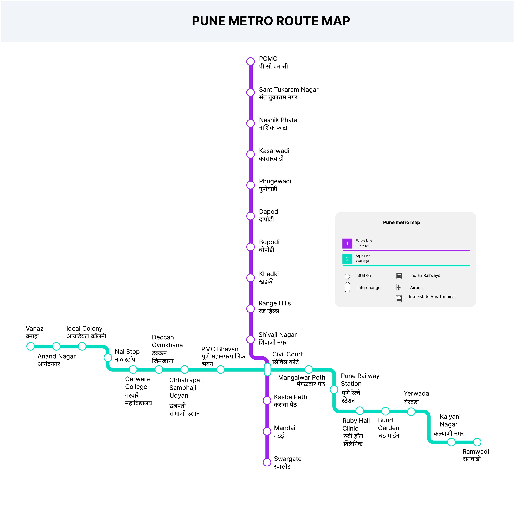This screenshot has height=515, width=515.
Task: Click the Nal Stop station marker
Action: [x=108, y=357]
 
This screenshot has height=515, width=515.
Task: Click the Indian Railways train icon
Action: [x=399, y=276]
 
